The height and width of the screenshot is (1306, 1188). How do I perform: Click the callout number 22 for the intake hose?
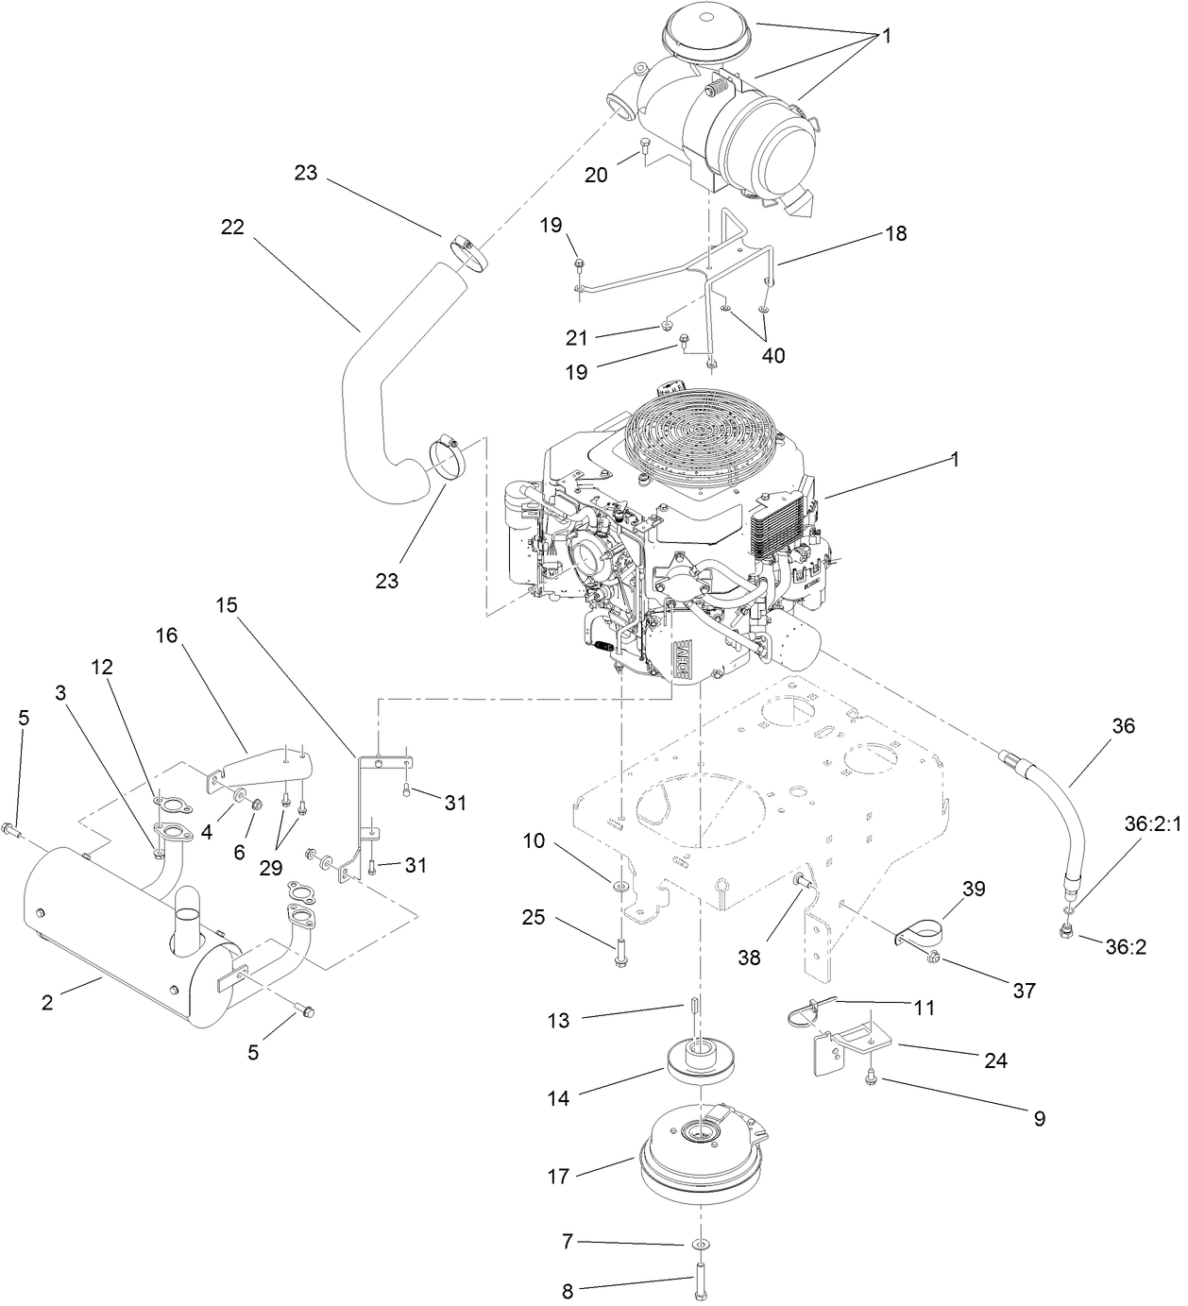pos(231,227)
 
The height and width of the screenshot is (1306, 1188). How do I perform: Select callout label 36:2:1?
pos(1153,823)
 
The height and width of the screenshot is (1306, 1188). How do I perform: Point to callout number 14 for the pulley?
pos(559,1098)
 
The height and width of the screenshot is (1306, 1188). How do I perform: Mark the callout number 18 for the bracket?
pos(895,233)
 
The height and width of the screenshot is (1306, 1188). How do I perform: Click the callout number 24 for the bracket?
pos(995,1060)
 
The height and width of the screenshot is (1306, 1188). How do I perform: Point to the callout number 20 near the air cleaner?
pos(597,176)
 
